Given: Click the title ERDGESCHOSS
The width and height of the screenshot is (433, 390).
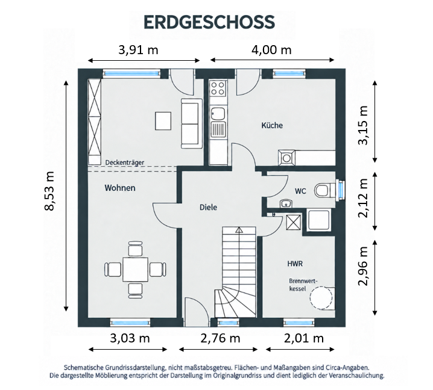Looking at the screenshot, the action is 209,22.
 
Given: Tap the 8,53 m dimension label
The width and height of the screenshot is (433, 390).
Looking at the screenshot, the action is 49,191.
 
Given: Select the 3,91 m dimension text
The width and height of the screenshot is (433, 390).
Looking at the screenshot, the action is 138,50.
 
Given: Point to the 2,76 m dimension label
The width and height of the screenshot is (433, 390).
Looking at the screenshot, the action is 220,338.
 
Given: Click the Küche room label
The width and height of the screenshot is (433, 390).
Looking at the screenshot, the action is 272,125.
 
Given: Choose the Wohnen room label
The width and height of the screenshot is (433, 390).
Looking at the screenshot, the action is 120,188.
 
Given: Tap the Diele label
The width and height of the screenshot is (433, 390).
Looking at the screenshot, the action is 208,207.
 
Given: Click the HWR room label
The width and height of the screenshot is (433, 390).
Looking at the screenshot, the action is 295,264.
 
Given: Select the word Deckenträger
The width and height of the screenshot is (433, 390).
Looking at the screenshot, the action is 125,162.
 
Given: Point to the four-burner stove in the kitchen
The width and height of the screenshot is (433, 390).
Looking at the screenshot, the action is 218,88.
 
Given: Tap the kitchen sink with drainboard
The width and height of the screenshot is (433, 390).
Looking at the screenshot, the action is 218,122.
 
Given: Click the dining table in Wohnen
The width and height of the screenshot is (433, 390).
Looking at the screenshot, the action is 135,270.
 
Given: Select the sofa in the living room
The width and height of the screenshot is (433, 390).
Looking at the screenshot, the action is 190,123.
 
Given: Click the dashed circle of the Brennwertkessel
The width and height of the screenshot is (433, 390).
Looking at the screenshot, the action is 321,298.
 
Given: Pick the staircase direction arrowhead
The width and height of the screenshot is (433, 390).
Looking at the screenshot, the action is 239,230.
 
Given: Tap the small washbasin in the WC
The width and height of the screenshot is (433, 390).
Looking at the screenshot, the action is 286,203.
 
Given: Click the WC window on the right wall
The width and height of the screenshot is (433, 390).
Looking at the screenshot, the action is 341,190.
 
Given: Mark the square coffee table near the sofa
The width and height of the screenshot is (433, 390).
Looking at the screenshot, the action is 163,121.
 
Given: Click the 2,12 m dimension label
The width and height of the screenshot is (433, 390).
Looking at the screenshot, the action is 363,198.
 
